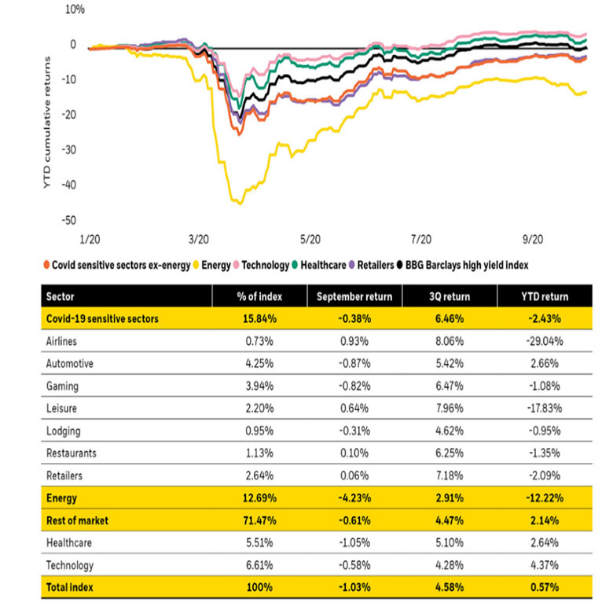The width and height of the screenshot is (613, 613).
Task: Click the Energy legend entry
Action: (212, 265)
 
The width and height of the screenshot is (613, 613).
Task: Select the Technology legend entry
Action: (261, 265)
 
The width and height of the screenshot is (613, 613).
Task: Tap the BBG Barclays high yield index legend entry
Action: (462, 265)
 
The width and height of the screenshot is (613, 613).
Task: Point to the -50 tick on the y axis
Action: (69, 220)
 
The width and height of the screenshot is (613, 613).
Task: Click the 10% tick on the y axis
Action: (75, 9)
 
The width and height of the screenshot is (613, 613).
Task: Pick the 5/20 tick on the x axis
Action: (310, 239)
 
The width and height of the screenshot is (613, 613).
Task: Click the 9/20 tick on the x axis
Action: (533, 239)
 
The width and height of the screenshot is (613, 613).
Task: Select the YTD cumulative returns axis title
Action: (47, 123)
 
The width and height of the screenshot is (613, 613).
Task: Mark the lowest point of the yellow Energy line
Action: (240, 204)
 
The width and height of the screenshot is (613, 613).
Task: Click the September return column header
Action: (354, 297)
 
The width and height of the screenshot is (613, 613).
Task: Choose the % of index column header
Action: (259, 297)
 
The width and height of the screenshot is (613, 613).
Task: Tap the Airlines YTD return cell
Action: (545, 341)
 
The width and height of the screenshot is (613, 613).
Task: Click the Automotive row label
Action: (70, 364)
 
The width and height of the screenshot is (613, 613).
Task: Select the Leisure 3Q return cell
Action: (450, 409)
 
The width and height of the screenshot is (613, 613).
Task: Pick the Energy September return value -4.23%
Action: (354, 498)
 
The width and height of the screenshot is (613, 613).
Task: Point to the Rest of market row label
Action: (77, 521)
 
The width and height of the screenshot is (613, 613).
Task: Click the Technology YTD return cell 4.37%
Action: (545, 565)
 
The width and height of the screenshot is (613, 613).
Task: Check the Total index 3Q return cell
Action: (450, 588)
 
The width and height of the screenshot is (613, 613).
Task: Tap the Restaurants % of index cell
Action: (259, 453)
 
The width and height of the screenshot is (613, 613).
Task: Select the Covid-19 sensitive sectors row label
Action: (102, 319)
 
